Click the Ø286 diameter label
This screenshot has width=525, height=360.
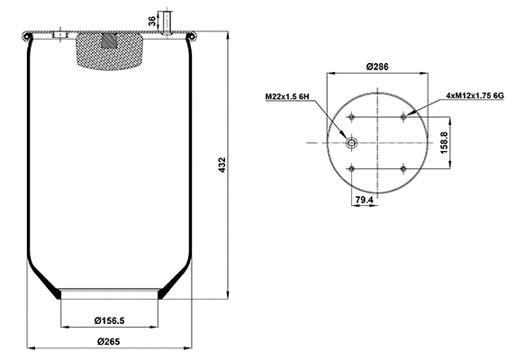pyautogui.click(x=377, y=66)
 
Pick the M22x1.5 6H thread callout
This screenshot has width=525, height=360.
pyautogui.click(x=286, y=96)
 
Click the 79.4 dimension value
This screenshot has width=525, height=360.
pyautogui.click(x=364, y=198)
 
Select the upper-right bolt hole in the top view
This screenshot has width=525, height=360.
pyautogui.click(x=403, y=117)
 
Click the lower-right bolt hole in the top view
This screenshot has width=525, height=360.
pyautogui.click(x=403, y=168)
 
